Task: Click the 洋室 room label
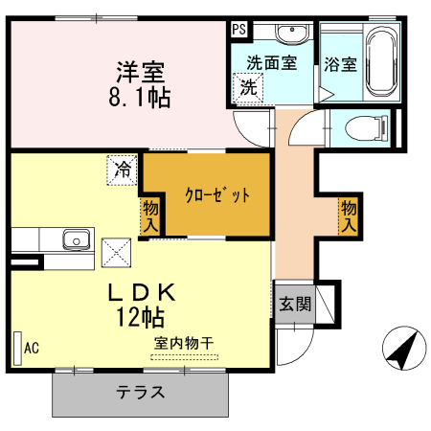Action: point(141,71)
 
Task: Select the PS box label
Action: point(238,29)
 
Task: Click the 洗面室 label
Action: point(271,63)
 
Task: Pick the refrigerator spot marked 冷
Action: point(123,171)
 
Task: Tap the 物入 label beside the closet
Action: point(150,215)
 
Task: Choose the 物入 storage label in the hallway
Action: point(348,215)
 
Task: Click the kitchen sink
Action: point(72,239)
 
